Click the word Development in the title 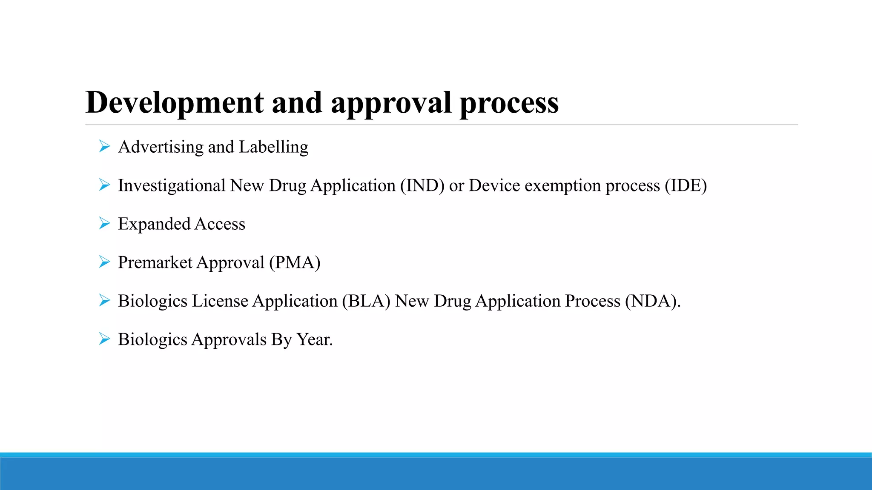pyautogui.click(x=175, y=103)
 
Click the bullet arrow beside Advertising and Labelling pyautogui.click(x=104, y=147)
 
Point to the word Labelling pyautogui.click(x=273, y=147)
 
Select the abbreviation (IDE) pyautogui.click(x=686, y=186)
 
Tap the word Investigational pyautogui.click(x=172, y=186)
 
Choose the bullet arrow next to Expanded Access pyautogui.click(x=104, y=223)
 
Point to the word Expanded pyautogui.click(x=154, y=224)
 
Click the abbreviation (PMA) pyautogui.click(x=295, y=262)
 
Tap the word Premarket pyautogui.click(x=155, y=262)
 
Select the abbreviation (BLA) pyautogui.click(x=366, y=301)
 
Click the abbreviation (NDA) pyautogui.click(x=652, y=301)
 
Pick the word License pyautogui.click(x=220, y=301)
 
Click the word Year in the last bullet pyautogui.click(x=314, y=339)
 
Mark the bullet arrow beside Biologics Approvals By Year pyautogui.click(x=104, y=339)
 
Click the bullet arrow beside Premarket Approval pyautogui.click(x=104, y=262)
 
